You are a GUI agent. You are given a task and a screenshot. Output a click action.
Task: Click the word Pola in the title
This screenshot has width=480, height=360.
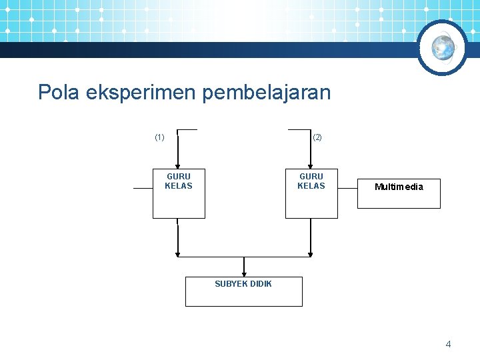pos(59,93)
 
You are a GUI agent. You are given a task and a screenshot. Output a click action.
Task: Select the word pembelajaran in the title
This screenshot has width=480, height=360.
pos(266,93)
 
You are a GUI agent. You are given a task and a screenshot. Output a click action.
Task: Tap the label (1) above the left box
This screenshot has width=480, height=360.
pos(159,137)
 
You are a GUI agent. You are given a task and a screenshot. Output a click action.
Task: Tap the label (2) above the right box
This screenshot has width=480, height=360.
pos(317,137)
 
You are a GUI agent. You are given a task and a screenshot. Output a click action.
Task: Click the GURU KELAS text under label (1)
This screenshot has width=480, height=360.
pos(179,181)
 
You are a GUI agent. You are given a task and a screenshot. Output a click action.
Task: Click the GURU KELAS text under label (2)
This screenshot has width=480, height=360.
pos(311,181)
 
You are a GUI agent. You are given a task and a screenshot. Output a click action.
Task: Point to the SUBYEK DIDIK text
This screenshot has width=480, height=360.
pos(243,284)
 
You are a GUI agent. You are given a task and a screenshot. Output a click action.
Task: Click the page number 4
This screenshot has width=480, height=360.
pos(448,344)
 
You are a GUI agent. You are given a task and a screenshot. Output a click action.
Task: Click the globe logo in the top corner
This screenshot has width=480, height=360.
pos(443,47)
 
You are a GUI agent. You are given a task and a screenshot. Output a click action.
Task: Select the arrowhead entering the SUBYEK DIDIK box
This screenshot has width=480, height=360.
pos(244,273)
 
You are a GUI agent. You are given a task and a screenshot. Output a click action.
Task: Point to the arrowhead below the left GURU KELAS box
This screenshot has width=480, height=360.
pos(177,253)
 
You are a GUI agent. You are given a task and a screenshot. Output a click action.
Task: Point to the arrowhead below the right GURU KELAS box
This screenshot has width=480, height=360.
pos(310,253)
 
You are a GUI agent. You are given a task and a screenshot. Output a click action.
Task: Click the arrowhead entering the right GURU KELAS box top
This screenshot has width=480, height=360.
pos(310,168)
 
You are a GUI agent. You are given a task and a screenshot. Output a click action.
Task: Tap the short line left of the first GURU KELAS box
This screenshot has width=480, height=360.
pos(143,189)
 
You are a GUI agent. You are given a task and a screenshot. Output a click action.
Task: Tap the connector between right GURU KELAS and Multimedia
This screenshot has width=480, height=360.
pos(347,189)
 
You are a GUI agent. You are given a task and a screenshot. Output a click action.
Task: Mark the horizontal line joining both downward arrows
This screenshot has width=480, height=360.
pos(244,257)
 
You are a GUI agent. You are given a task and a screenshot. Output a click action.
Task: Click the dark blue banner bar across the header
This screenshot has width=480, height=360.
pos(200,50)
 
